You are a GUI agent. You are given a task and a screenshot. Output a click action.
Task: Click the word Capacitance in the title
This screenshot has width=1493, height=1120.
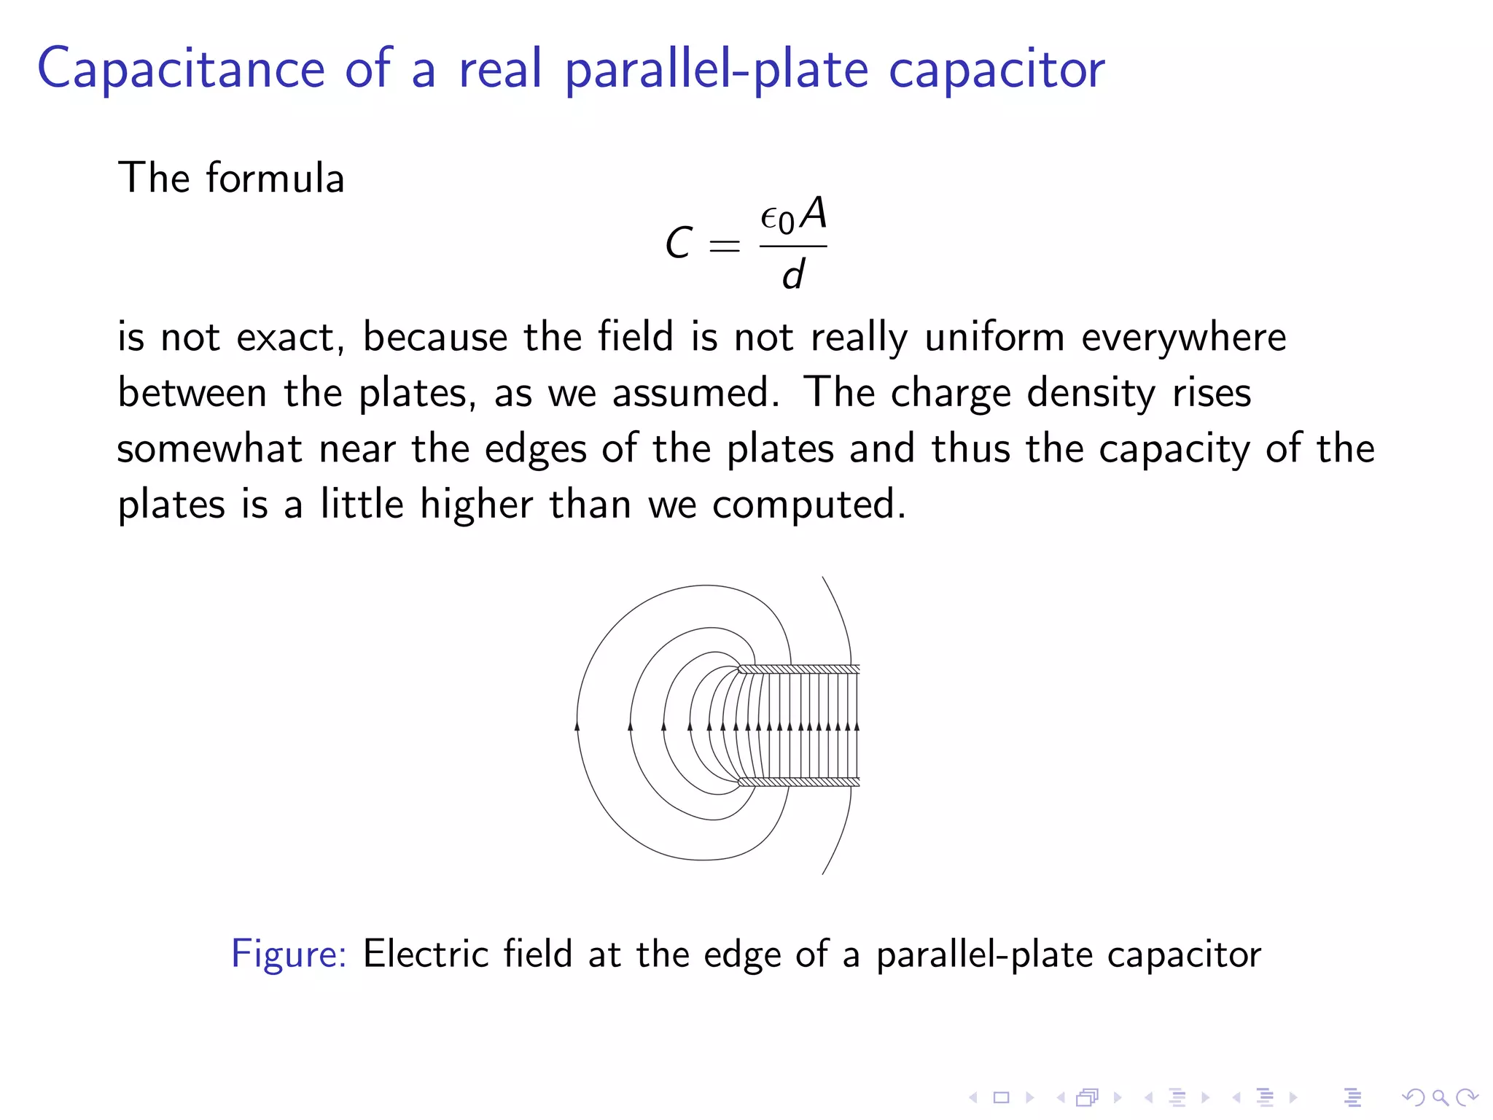click(180, 69)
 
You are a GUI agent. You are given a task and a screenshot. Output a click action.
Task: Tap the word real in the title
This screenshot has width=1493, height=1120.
click(500, 69)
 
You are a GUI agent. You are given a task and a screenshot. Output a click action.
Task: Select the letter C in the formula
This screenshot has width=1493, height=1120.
click(679, 243)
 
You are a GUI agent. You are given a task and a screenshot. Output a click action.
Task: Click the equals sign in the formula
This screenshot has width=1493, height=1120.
click(724, 246)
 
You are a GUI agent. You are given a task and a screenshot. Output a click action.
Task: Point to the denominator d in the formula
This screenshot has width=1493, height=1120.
click(793, 275)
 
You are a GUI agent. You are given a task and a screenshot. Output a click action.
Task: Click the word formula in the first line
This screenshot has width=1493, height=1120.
click(275, 178)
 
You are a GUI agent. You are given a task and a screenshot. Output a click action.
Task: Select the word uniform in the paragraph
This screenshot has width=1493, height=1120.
click(995, 337)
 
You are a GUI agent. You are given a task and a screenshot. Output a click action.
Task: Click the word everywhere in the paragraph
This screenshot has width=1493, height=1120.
click(1184, 338)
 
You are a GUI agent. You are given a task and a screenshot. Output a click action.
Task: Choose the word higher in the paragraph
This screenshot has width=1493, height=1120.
click(476, 504)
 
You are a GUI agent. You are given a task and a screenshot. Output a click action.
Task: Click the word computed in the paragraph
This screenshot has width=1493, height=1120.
click(808, 505)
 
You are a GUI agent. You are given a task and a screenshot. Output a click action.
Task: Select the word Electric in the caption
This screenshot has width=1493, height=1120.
click(426, 953)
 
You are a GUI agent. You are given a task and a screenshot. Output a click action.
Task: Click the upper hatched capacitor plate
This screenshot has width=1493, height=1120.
click(799, 669)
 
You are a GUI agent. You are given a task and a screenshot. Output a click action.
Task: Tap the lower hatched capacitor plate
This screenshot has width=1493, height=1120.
click(799, 782)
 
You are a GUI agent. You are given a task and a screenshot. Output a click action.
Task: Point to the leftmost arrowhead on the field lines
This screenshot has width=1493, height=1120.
click(577, 726)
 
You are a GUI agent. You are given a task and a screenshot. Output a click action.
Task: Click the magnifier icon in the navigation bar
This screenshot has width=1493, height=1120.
click(1440, 1097)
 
